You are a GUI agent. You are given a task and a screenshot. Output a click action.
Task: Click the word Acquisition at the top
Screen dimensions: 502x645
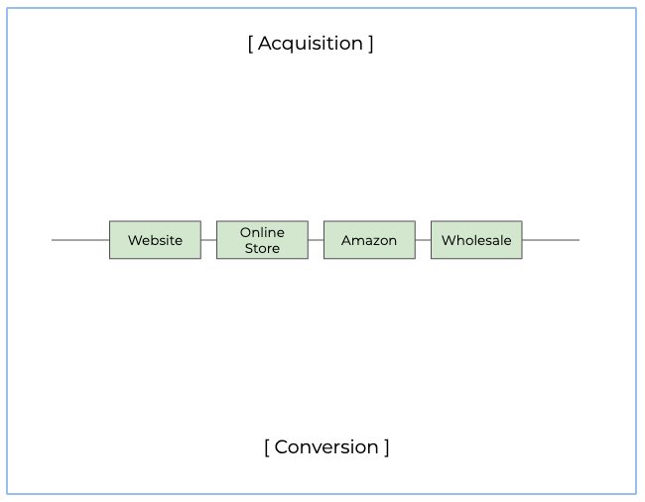311,43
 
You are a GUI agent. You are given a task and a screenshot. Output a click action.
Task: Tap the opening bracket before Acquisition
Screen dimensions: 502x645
250,44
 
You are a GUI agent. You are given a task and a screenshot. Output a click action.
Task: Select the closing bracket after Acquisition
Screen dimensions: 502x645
371,44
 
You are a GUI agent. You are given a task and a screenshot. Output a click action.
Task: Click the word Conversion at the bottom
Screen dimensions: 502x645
326,446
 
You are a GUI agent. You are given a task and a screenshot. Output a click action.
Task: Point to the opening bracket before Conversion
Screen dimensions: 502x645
267,447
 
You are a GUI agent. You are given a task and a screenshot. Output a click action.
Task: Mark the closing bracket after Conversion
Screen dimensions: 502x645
387,447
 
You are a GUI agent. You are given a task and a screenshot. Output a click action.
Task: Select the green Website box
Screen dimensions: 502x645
155,240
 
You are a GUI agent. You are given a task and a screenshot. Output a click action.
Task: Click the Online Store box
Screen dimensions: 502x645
262,240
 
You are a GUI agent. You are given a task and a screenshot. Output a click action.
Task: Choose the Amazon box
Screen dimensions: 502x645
369,240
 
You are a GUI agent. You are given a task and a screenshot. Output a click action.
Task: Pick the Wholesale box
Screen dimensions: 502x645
476,240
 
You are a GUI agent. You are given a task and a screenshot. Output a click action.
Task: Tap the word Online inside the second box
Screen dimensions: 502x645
262,232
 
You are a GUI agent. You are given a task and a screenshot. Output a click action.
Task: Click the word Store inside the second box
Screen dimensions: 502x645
262,248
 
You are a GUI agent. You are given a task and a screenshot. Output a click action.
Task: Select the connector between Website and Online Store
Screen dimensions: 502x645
208,240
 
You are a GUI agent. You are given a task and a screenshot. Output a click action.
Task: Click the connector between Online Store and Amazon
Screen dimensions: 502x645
316,240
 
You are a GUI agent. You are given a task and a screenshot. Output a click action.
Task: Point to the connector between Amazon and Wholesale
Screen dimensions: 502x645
423,240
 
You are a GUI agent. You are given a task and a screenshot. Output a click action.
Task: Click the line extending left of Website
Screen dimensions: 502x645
79,240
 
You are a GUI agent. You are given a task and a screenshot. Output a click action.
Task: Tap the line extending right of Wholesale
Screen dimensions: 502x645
551,240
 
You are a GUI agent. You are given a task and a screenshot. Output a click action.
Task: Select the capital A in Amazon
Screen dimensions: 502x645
346,240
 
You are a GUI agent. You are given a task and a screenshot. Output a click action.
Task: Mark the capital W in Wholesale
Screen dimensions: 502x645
448,240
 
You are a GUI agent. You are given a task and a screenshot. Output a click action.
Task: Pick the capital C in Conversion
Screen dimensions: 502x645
281,446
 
